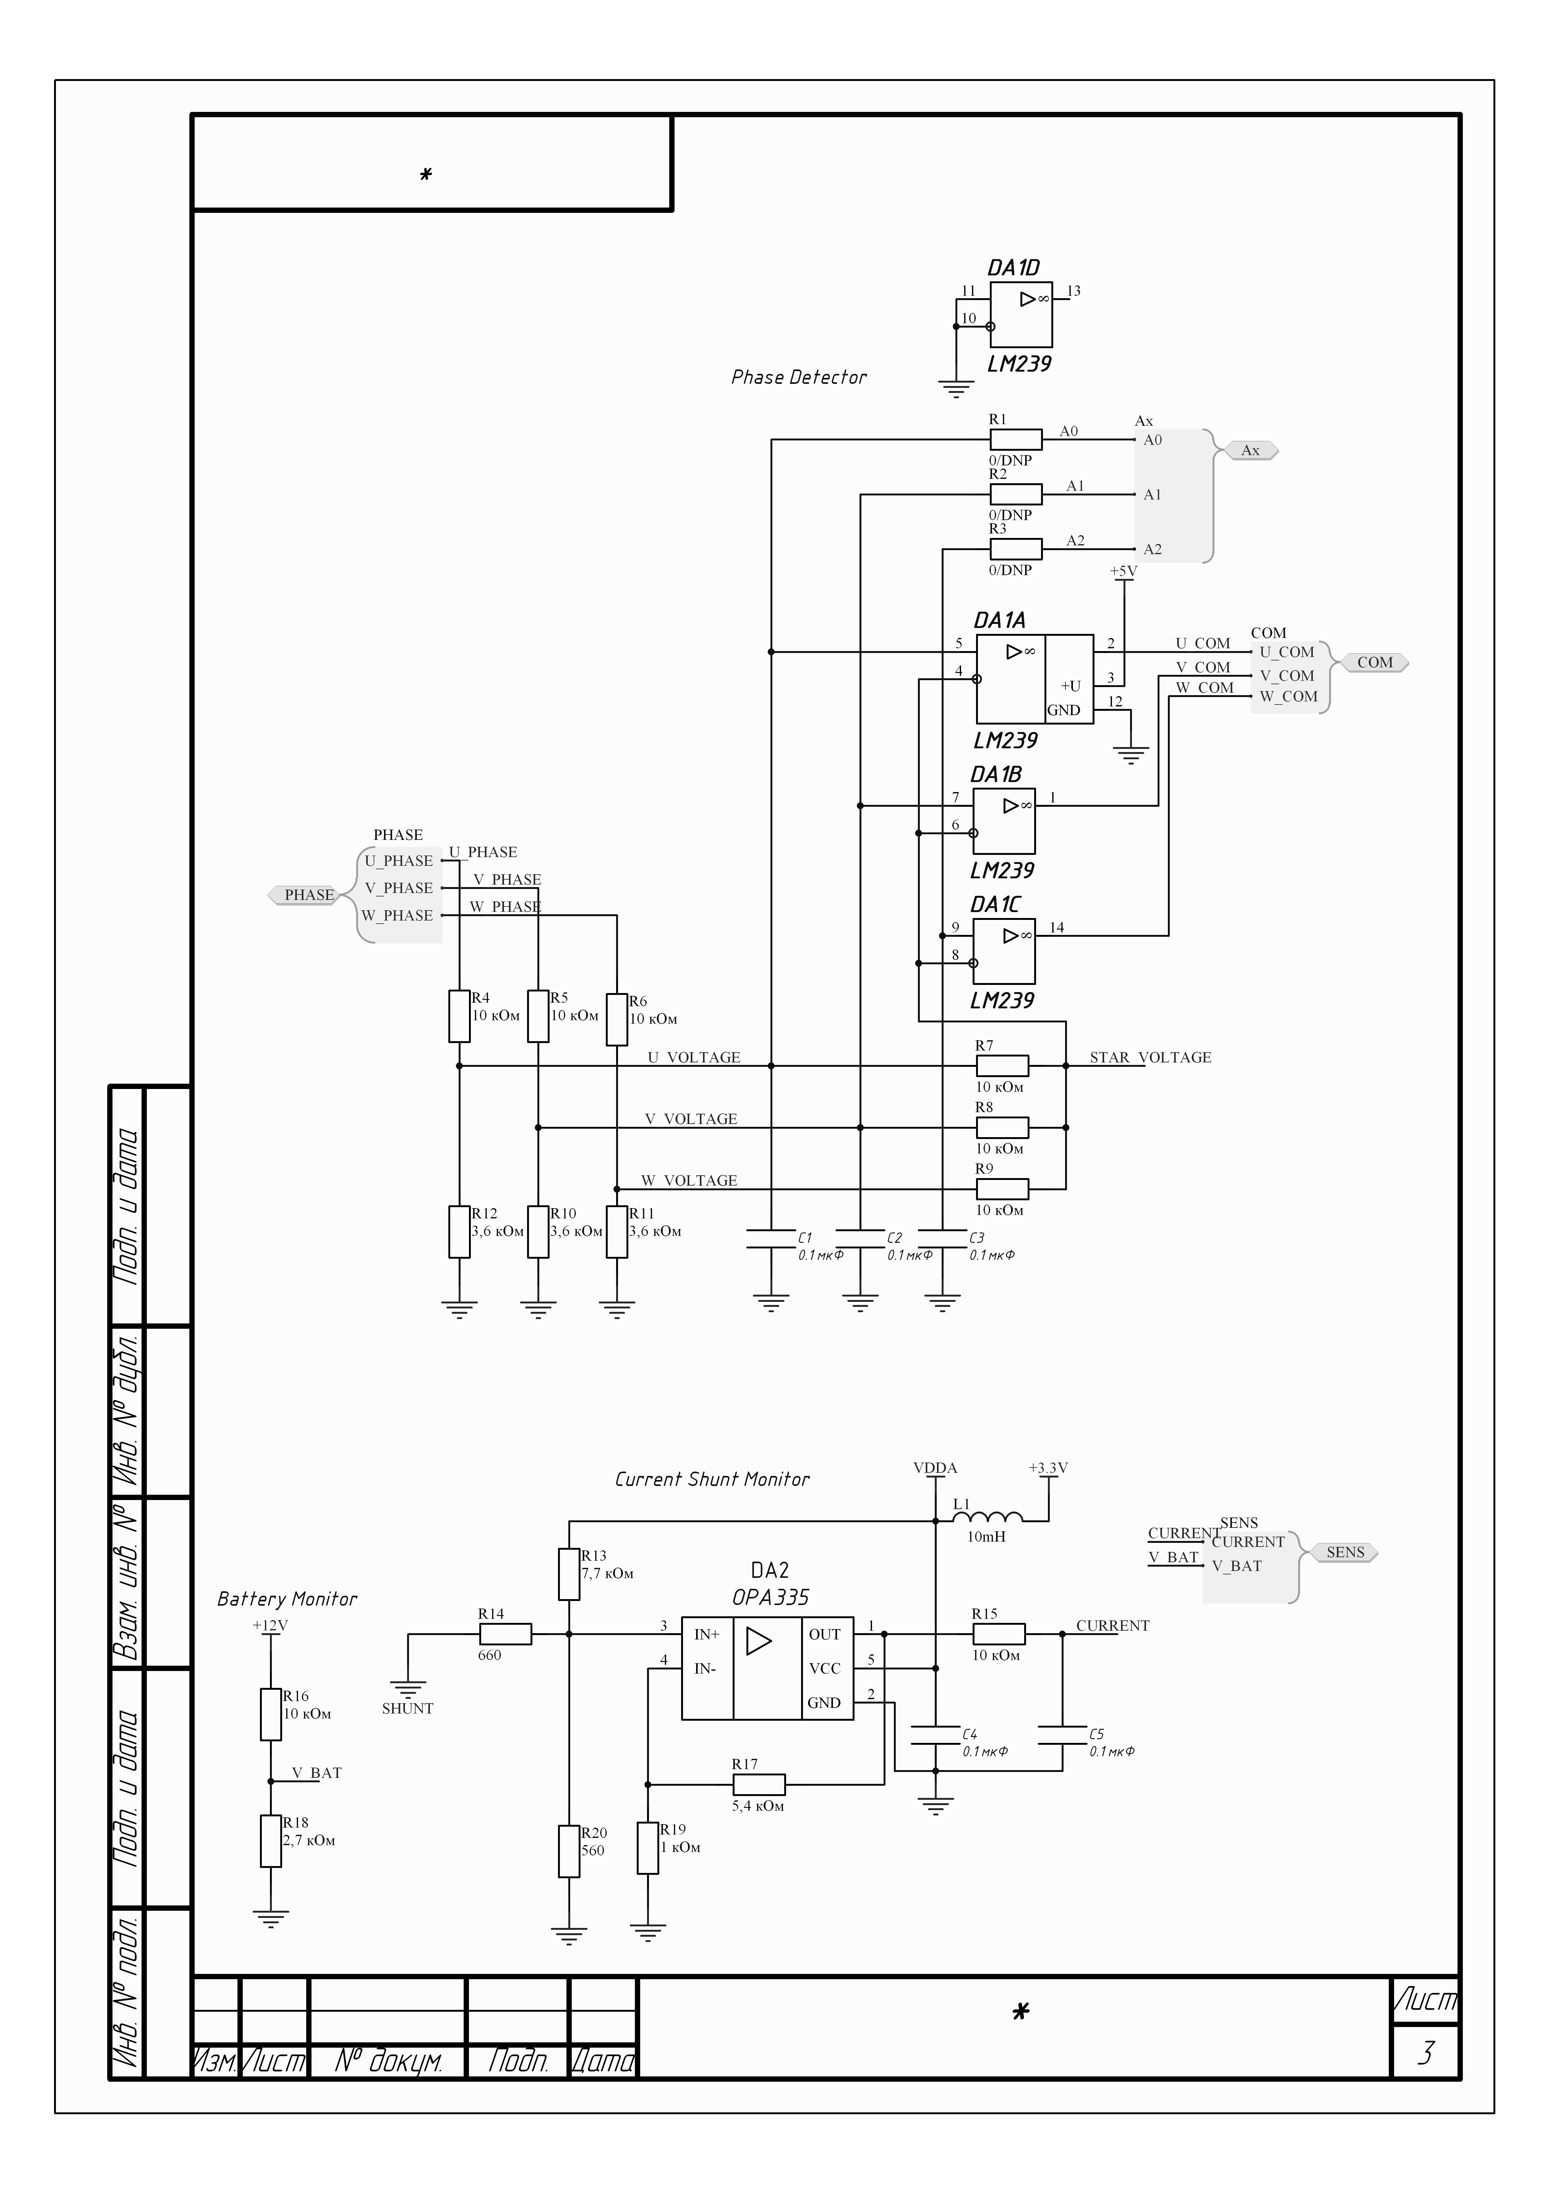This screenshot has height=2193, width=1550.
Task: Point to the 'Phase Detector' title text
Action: pos(798,377)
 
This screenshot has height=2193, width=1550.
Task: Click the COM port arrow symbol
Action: pos(1374,663)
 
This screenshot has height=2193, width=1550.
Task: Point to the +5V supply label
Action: pos(1123,571)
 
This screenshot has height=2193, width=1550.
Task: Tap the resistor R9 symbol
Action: pos(1002,1189)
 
